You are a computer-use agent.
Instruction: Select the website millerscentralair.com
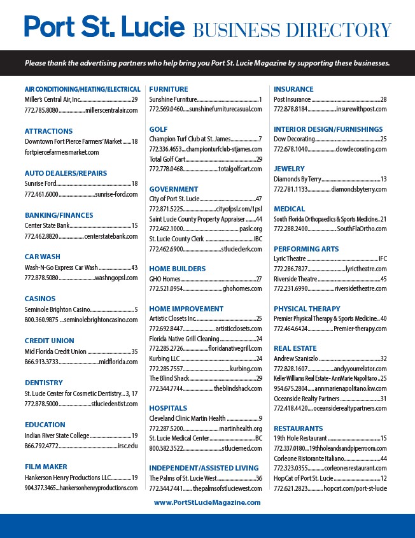pos(111,110)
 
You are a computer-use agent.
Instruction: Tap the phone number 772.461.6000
pos(41,194)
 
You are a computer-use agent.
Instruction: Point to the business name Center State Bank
pos(47,225)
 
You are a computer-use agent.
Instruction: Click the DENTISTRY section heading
pos(44,383)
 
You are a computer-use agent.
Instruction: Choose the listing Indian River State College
pos(57,435)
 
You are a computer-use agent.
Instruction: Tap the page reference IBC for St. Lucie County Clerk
pos(258,239)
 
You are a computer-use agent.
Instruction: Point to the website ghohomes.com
pos(242,288)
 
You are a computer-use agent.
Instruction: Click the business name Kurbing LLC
pos(165,358)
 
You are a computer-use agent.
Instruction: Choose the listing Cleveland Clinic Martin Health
pos(187,418)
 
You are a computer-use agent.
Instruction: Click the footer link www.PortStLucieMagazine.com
pos(207,502)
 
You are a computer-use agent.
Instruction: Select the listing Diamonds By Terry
pos(297,180)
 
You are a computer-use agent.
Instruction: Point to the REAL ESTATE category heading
pos(295,348)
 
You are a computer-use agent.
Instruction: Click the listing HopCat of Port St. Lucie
pos(304,478)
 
